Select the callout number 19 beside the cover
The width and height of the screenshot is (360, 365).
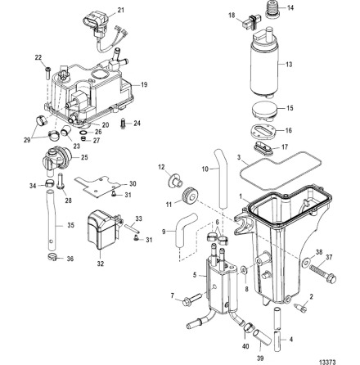coord(145,84)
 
